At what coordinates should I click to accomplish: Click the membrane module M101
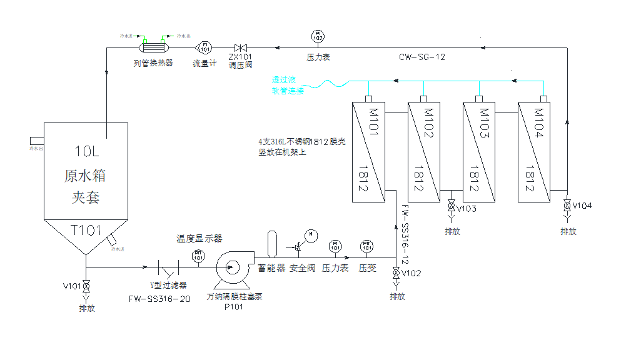[x=369, y=151]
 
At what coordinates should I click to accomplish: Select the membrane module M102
[x=423, y=151]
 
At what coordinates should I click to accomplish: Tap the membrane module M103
[x=478, y=151]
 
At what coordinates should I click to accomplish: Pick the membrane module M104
[x=533, y=151]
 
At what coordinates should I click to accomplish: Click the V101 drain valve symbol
[x=86, y=286]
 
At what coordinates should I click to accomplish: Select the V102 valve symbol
[x=396, y=274]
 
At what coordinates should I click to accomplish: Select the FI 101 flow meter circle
[x=204, y=47]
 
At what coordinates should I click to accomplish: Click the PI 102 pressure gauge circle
[x=318, y=36]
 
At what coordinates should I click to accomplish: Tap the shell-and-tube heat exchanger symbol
[x=153, y=47]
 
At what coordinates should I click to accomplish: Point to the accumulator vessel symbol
[x=271, y=244]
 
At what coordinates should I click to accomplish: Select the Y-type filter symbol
[x=168, y=269]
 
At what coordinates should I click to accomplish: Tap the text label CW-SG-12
[x=423, y=57]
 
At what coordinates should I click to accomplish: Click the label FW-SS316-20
[x=159, y=298]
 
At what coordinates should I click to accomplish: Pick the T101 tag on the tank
[x=86, y=231]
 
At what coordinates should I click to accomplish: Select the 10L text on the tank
[x=86, y=151]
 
